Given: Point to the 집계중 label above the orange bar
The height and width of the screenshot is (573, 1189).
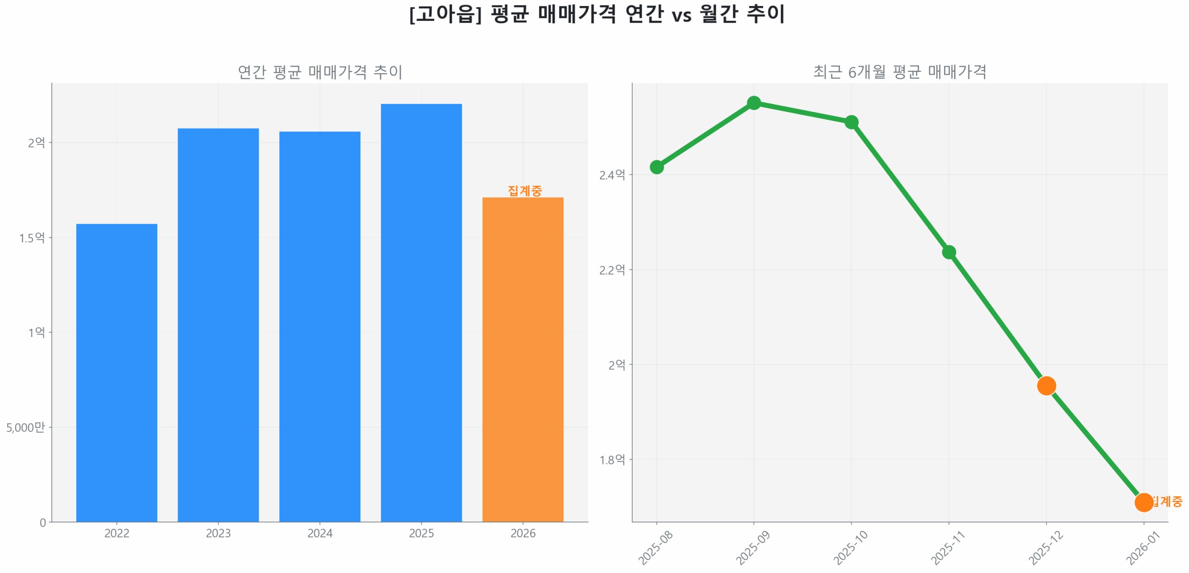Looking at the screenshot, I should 524,190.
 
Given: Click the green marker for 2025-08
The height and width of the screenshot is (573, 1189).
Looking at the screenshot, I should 656,167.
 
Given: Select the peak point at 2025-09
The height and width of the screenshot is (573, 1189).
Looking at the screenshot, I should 753,103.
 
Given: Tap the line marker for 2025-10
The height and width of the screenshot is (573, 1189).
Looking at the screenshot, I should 851,122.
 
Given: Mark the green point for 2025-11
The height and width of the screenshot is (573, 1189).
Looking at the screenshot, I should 948,252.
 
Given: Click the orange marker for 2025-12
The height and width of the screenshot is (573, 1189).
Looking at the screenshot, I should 1046,385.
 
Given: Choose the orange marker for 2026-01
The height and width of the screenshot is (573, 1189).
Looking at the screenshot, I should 1143,502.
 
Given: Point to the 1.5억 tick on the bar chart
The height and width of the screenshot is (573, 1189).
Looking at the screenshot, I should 32,238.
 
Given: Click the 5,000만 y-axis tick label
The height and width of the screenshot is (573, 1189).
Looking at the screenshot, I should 26,427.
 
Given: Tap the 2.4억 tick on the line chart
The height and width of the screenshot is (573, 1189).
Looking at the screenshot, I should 612,175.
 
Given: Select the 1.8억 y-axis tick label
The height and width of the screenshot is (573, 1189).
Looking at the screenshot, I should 612,460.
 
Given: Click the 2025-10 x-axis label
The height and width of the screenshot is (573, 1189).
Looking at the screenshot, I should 849,548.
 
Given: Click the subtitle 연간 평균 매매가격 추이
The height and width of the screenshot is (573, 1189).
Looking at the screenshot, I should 320,72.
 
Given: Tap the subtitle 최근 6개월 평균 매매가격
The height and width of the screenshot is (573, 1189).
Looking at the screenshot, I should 899,72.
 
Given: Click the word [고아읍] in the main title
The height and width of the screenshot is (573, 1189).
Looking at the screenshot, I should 445,14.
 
